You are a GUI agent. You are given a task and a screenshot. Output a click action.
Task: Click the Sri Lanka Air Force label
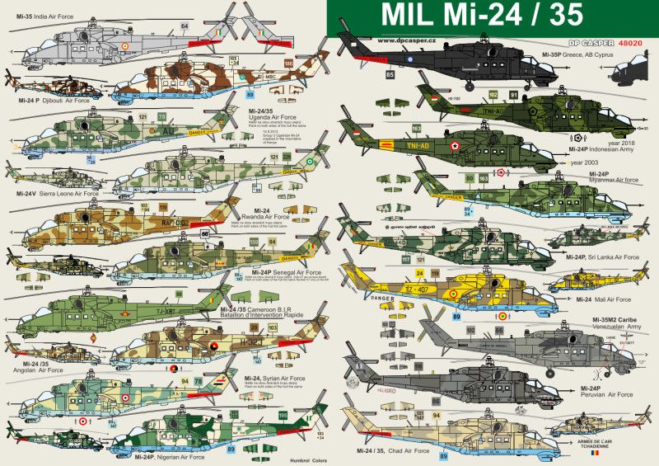[x=610, y=257]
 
